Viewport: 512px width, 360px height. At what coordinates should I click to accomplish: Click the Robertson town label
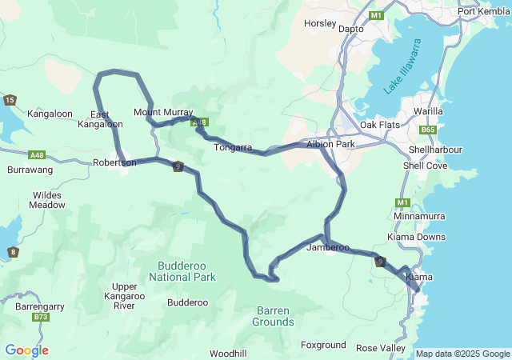[x=114, y=162]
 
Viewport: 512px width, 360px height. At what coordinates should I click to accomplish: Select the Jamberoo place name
[x=328, y=248]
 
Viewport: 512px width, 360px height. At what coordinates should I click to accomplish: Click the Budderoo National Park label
[x=182, y=271]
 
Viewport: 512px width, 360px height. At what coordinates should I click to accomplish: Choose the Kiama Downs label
[x=416, y=238]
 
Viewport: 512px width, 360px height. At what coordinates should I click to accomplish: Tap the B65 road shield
[x=428, y=130]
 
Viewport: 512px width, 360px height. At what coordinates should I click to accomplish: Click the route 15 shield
[x=10, y=100]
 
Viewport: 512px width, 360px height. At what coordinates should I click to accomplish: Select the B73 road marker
[x=42, y=318]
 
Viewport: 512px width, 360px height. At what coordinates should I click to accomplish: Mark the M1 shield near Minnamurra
[x=402, y=202]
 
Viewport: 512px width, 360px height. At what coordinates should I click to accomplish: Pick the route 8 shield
[x=13, y=253]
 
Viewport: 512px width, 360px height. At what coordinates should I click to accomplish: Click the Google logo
[x=26, y=350]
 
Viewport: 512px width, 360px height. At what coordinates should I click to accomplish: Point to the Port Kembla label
[x=483, y=10]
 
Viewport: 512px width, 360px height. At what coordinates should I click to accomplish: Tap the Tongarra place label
[x=233, y=147]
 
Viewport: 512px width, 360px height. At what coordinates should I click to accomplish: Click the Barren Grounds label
[x=274, y=316]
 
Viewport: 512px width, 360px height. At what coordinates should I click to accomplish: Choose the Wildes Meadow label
[x=47, y=199]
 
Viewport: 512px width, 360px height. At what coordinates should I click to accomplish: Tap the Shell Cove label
[x=425, y=166]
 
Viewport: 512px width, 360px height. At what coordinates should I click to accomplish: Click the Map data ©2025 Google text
[x=462, y=354]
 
